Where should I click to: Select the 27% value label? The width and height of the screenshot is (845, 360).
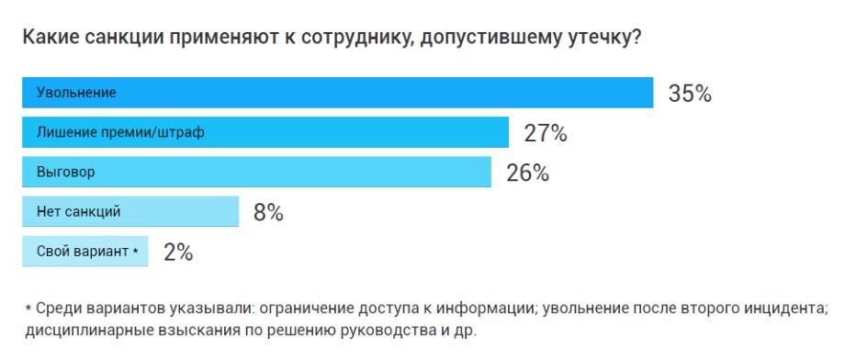(x=545, y=133)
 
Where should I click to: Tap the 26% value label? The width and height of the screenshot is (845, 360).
(x=527, y=173)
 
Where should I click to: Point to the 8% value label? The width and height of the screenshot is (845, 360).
(x=267, y=213)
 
